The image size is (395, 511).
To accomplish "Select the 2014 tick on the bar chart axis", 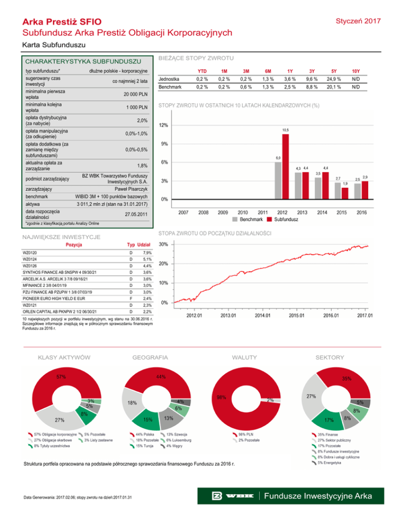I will [322, 212].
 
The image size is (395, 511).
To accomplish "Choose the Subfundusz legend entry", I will [285, 220].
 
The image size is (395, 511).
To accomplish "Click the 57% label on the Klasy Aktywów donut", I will [61, 377].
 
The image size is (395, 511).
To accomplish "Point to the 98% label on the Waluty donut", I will [222, 397].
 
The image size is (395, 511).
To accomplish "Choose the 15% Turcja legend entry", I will [145, 446].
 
